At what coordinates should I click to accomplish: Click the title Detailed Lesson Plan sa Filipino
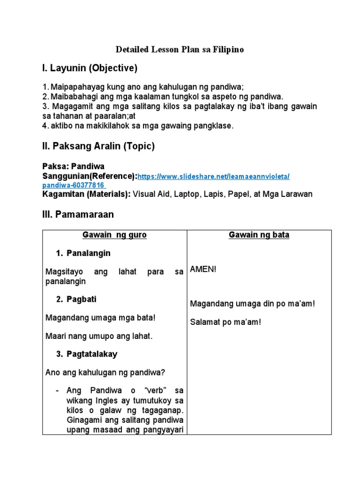[x=180, y=49]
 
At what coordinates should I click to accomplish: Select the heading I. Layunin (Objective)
[x=90, y=68]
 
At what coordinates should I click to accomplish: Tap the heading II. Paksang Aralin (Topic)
[x=98, y=146]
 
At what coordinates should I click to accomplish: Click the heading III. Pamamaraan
[x=78, y=215]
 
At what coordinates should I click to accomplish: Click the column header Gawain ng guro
[x=114, y=235]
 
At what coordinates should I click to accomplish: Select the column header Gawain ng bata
[x=259, y=235]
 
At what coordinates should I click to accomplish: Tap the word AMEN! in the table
[x=203, y=270]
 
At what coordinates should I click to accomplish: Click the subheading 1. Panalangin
[x=83, y=253]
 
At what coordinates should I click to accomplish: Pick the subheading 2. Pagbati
[x=76, y=299]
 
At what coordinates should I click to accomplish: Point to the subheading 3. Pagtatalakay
[x=86, y=354]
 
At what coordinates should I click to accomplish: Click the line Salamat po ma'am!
[x=225, y=322]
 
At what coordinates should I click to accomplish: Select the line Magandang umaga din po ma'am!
[x=253, y=304]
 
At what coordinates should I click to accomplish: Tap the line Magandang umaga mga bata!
[x=100, y=318]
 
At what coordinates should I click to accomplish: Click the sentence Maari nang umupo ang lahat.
[x=99, y=336]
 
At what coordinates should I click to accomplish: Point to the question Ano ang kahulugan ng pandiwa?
[x=105, y=373]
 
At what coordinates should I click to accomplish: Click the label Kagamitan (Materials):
[x=86, y=194]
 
